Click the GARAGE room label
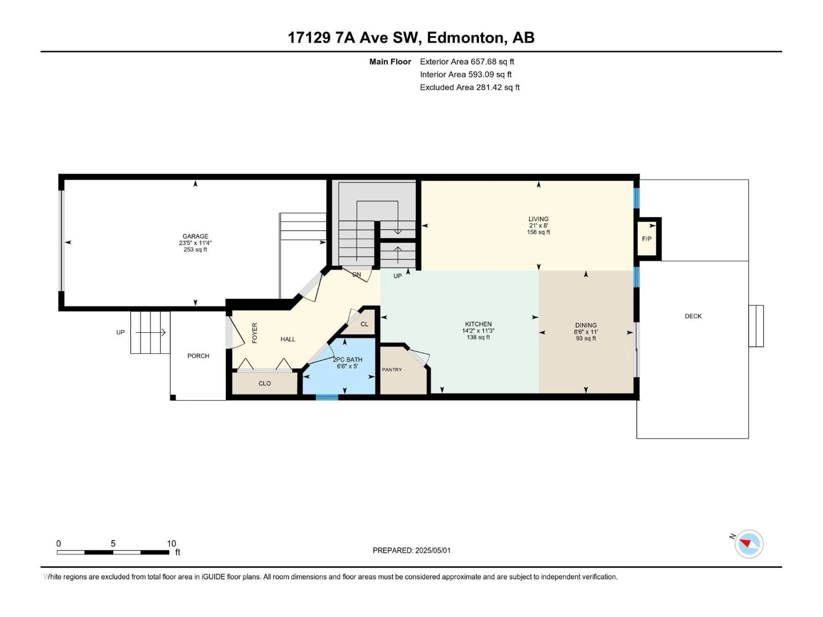pos(195,236)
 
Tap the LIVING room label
pos(538,219)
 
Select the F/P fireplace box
pos(647,239)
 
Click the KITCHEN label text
pos(478,324)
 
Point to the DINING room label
pos(586,325)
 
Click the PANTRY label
pos(392,369)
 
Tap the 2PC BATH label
pos(347,360)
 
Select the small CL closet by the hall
pos(364,324)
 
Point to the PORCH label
pos(198,356)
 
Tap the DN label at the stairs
pos(356,274)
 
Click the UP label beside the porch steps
pos(120,332)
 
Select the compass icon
pos(749,544)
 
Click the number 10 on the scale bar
pos(171,543)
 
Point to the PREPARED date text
pos(411,550)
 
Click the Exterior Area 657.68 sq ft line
pos(467,62)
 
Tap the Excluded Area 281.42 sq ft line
pos(470,87)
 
